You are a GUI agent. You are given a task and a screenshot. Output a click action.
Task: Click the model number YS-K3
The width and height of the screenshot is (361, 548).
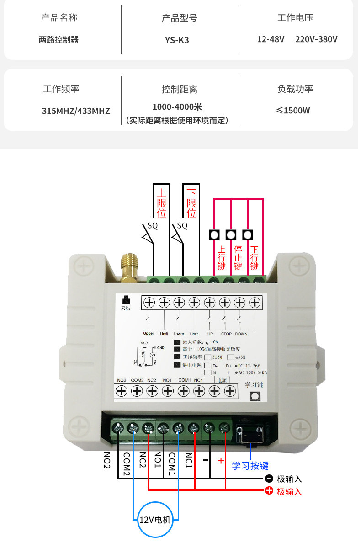coord(177,40)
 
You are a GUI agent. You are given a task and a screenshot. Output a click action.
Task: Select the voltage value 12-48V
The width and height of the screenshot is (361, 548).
coord(271,39)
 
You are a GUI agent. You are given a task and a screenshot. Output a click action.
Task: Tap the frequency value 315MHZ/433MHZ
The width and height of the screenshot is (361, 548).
coord(76,111)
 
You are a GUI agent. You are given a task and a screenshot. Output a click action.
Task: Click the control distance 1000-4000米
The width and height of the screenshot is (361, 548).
coord(177,107)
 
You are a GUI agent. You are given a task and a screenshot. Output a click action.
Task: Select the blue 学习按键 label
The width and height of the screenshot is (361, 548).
coord(250,466)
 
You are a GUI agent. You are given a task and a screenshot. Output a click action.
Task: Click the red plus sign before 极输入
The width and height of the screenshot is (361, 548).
coord(269,491)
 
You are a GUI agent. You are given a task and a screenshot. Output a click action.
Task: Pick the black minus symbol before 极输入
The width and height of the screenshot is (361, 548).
coord(269,479)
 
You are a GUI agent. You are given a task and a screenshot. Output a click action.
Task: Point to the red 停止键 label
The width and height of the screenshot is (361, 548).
coord(238,258)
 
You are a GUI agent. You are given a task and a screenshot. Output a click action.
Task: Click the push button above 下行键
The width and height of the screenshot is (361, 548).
coord(248,235)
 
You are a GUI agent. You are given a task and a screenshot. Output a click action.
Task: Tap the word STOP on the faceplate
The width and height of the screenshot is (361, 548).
coord(227,334)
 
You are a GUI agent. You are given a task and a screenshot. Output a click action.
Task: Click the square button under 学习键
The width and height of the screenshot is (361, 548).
coord(255,397)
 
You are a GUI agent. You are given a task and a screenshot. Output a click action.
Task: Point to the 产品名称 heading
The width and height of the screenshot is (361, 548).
coord(59,18)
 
